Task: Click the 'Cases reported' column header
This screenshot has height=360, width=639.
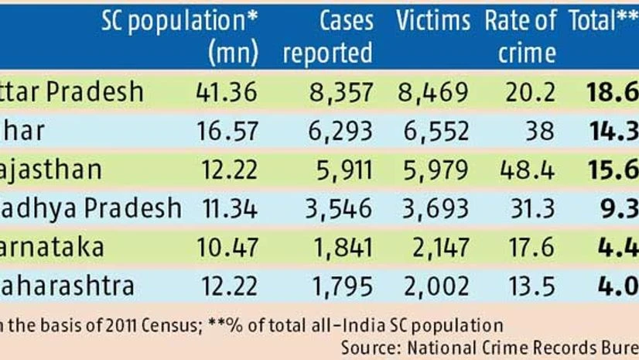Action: click(327, 36)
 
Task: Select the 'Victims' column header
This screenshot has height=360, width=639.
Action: click(432, 21)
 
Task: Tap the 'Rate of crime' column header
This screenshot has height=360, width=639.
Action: click(520, 36)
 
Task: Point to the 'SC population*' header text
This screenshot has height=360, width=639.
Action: click(179, 21)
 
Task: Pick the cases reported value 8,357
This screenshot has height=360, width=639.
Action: click(340, 93)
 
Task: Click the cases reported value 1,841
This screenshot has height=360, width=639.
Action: click(340, 248)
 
